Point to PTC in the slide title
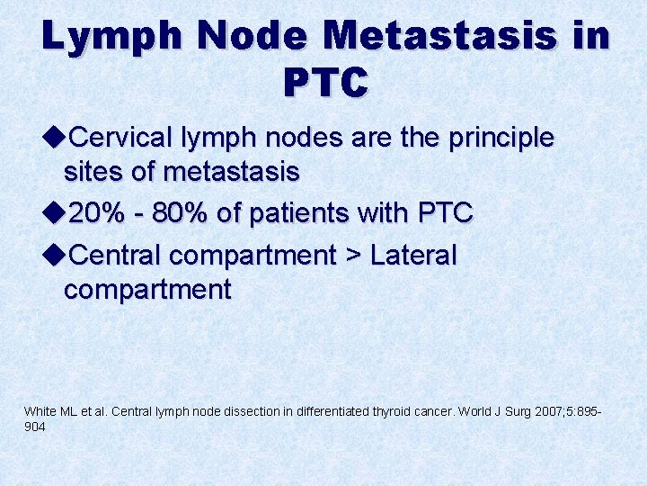(325, 83)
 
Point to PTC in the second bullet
(445, 213)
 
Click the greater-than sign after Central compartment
(351, 256)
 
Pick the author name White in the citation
(39, 411)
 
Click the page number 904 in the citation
(34, 427)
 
